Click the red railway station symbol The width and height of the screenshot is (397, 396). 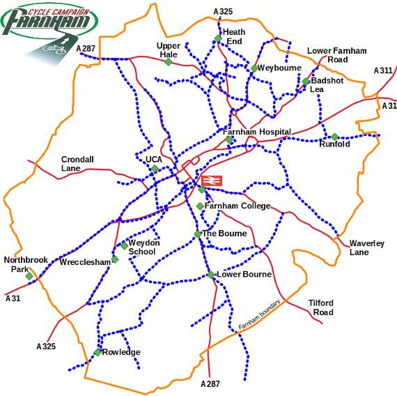[212, 181]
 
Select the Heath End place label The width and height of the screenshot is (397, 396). [234, 36]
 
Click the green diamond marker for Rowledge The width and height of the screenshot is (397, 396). [98, 352]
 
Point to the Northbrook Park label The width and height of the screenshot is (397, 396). [26, 264]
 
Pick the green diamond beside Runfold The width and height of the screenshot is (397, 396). [335, 137]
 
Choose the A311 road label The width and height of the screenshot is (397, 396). [383, 70]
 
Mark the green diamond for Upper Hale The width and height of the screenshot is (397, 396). [168, 62]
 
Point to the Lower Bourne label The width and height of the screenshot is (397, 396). [244, 275]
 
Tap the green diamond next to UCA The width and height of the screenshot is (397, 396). [155, 169]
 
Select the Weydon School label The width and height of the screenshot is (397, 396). [144, 247]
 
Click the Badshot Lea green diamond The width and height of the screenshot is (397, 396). [305, 82]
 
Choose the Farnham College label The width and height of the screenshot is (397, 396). [238, 206]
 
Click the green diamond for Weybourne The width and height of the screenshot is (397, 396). [254, 68]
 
